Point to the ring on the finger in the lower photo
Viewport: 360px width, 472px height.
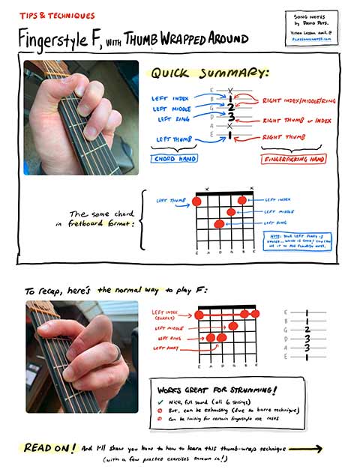point(113,353)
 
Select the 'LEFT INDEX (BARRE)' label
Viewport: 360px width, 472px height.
point(166,315)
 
